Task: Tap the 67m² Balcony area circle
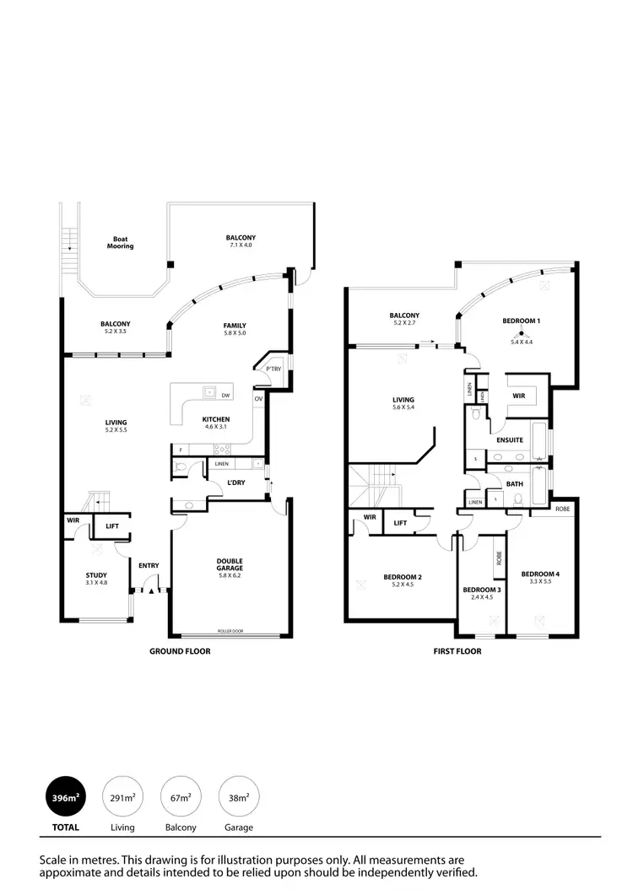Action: click(181, 797)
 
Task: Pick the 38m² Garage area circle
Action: click(239, 797)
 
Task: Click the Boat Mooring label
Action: click(120, 242)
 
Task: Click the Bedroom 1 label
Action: click(521, 321)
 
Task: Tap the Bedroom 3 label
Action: click(482, 590)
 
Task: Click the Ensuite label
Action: click(510, 439)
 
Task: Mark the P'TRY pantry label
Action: click(273, 369)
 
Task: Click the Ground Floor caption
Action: click(180, 651)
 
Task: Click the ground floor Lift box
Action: click(111, 526)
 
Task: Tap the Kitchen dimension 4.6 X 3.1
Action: click(216, 428)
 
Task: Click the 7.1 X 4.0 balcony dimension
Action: click(241, 245)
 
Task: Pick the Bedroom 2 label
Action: click(403, 578)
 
